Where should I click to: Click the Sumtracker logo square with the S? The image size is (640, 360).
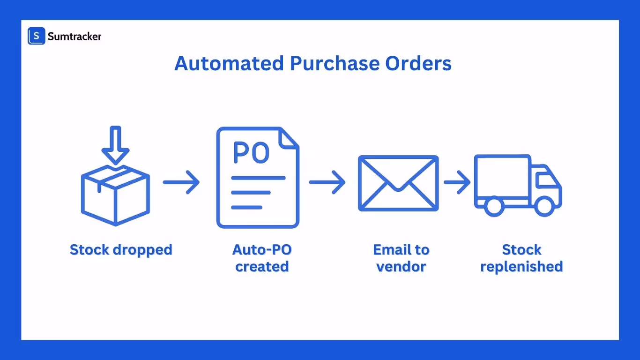click(36, 36)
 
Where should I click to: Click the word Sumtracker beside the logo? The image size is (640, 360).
click(74, 36)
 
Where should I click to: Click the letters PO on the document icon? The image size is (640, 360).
click(251, 153)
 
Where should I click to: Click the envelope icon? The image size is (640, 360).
click(398, 183)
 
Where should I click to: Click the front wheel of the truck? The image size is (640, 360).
click(544, 206)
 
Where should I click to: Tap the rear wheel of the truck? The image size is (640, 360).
click(493, 206)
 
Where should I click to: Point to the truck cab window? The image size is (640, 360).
click(546, 180)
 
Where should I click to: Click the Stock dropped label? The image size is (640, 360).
click(121, 249)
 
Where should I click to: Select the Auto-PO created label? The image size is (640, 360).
click(262, 258)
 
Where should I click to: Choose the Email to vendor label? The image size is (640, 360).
click(401, 258)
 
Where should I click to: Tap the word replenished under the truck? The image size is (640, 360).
click(521, 266)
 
